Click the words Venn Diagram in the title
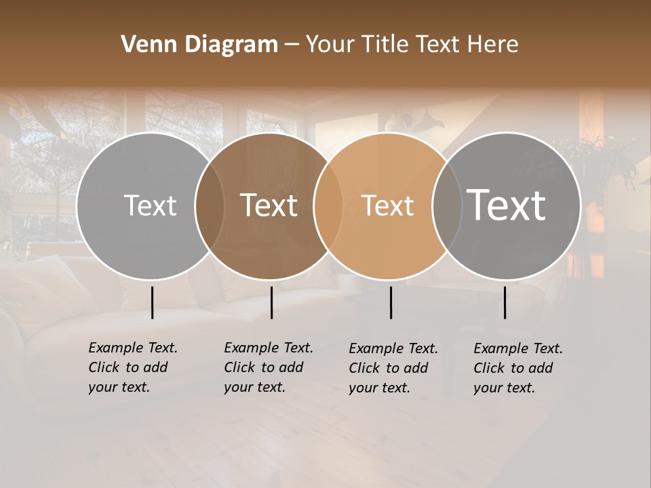point(199,45)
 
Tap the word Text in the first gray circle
point(150,205)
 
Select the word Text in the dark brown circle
point(269,205)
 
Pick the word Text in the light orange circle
point(387,205)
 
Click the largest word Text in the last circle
point(506,205)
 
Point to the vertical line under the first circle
point(152,302)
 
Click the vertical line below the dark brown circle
point(271,302)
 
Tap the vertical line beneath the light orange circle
point(391,302)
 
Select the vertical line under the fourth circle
point(505,302)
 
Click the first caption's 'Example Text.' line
point(133,348)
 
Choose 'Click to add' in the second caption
point(264,367)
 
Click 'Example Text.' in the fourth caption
point(518,348)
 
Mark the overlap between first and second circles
point(210,205)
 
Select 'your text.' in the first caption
point(119,387)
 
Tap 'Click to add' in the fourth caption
point(513,368)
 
